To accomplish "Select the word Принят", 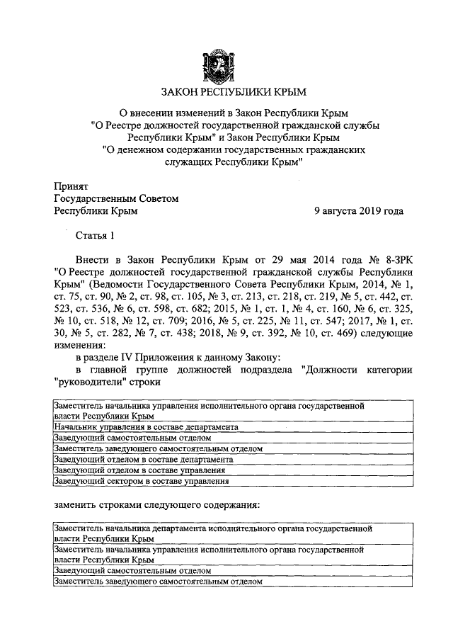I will tap(71, 186).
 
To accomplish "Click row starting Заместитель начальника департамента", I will tap(212, 533).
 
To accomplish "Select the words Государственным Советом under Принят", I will tap(116, 199).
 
